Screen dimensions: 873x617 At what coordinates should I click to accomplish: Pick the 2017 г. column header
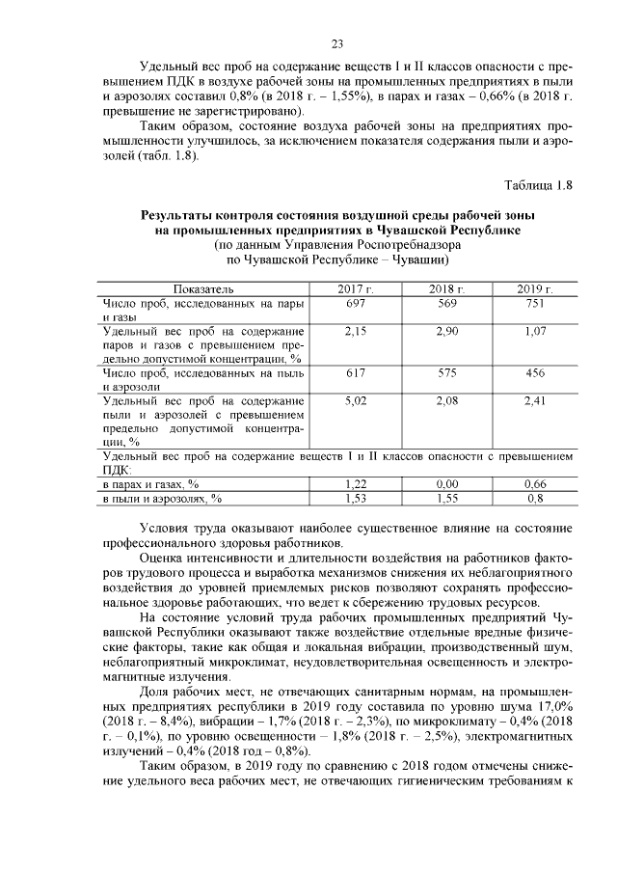[x=356, y=288]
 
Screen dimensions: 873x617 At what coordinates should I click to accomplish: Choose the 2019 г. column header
[x=534, y=288]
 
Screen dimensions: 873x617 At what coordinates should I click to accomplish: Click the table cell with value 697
[x=356, y=303]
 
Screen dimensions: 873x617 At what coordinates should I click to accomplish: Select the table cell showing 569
[x=446, y=303]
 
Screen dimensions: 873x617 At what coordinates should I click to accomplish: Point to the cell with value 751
[x=534, y=303]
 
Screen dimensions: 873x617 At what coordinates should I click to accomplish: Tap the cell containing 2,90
[x=446, y=331]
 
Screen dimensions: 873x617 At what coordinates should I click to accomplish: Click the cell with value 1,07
[x=534, y=331]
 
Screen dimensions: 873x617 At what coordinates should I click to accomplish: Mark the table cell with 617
[x=356, y=371]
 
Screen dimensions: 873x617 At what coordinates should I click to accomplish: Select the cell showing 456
[x=534, y=371]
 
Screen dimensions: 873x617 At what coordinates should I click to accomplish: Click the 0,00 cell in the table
[x=446, y=483]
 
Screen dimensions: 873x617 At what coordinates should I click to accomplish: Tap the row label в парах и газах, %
[x=151, y=483]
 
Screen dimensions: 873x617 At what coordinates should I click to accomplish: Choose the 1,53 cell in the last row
[x=356, y=498]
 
